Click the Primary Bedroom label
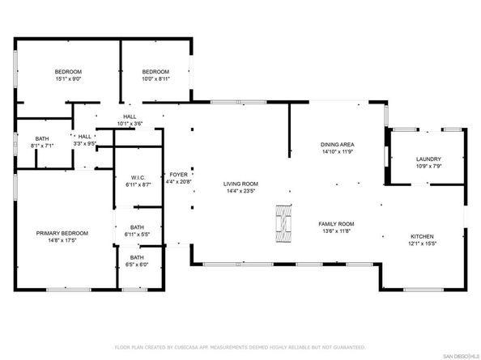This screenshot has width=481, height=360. coord(62,233)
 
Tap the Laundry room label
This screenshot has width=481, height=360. coord(428,159)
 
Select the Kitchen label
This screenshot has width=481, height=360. coord(422,236)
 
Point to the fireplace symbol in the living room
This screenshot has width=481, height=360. coord(283,223)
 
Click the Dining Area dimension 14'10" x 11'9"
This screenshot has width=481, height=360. coord(338,151)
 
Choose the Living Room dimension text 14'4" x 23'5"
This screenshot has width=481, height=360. coord(240,191)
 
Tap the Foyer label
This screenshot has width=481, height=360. coord(178,175)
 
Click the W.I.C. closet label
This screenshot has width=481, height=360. coord(138,178)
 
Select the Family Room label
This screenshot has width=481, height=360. coord(336,224)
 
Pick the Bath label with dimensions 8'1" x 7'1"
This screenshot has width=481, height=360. coord(42,139)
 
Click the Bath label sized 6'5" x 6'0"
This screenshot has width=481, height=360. coord(137,258)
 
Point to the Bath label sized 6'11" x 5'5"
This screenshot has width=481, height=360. coord(137,227)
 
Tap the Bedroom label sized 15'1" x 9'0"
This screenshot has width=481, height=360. coord(68,72)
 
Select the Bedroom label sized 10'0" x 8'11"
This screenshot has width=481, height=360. coord(155,72)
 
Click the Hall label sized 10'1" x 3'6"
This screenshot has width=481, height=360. coord(130,116)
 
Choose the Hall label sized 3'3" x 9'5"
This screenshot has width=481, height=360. coord(85,137)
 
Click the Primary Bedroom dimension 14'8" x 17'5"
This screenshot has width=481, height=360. coord(62,240)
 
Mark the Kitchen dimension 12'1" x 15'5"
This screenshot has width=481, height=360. coord(422,244)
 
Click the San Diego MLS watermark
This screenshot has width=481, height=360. coord(462,356)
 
